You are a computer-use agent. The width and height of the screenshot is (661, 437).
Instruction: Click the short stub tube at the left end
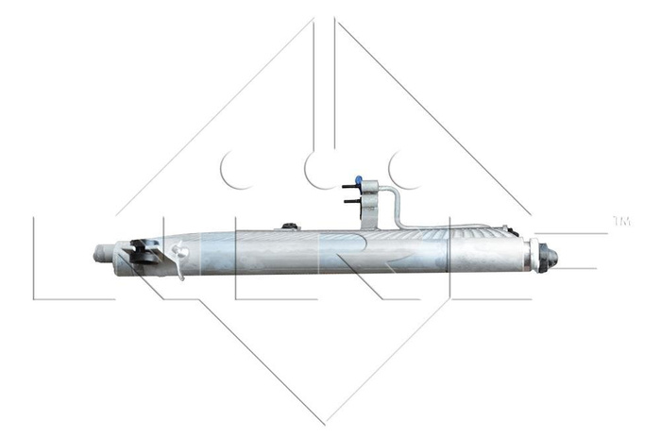(x=103, y=254)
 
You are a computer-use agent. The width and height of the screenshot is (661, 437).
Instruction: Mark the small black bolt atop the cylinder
(x=288, y=226)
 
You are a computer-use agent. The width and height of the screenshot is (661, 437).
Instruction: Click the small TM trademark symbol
(x=621, y=221)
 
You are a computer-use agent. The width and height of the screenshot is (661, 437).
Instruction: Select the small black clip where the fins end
(x=510, y=230)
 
